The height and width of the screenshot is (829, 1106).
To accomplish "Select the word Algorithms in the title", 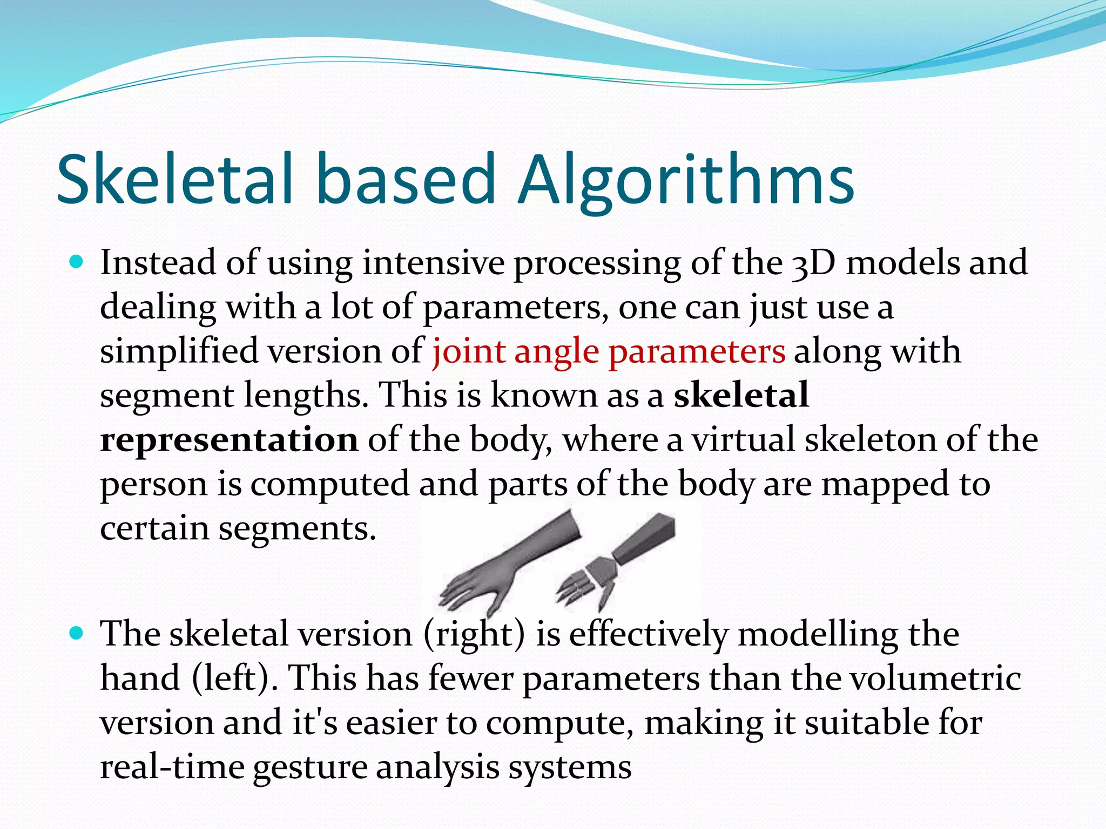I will tap(686, 181).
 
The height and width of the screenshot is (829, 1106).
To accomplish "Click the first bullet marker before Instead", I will tap(77, 263).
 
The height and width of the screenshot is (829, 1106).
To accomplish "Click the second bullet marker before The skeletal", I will tap(77, 633).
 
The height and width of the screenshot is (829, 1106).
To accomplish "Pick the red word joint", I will tap(468, 352).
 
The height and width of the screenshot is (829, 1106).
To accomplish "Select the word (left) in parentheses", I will tap(235, 678).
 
